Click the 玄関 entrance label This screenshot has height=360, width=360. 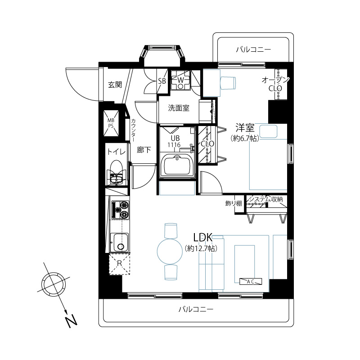(115, 85)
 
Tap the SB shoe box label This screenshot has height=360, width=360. (162, 81)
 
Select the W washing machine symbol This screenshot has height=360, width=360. (181, 80)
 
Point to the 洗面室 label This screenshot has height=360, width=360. (179, 108)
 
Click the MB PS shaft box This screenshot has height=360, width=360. (111, 123)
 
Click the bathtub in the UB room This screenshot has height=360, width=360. (176, 165)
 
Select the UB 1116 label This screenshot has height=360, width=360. (174, 141)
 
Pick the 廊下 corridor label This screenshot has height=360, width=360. (144, 150)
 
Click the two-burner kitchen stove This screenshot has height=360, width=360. (120, 210)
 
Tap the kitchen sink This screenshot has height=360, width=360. (120, 243)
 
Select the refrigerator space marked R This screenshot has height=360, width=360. (119, 264)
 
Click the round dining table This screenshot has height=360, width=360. (171, 251)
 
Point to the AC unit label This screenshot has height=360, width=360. (251, 282)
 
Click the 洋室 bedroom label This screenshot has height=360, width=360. (245, 128)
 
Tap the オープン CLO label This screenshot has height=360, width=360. (275, 84)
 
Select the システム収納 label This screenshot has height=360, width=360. (266, 199)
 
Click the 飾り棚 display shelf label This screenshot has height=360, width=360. (234, 203)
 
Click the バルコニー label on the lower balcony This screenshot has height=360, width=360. (196, 309)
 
